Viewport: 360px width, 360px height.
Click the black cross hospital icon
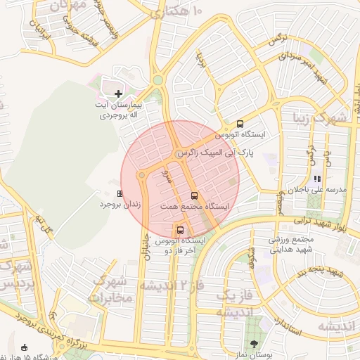118,93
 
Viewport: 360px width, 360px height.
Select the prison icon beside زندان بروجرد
120,193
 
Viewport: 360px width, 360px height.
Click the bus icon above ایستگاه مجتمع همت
194,195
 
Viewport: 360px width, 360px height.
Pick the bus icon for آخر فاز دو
181,230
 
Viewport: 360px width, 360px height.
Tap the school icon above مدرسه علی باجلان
317,179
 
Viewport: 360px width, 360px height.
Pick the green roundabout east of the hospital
158,81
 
